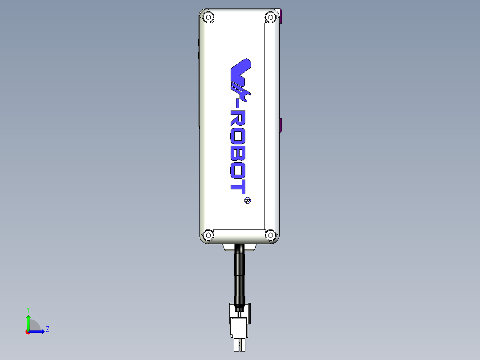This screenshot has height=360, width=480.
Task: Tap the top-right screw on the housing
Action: (270, 17)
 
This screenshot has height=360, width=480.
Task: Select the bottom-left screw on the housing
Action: (207, 235)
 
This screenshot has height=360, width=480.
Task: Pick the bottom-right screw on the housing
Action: (270, 235)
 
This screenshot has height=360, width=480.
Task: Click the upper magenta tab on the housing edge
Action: (281, 17)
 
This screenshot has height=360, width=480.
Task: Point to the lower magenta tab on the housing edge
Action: (281, 126)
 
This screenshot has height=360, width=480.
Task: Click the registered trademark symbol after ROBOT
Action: (248, 200)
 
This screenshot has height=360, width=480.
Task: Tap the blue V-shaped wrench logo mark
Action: (240, 74)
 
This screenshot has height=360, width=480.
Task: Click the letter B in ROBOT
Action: (238, 155)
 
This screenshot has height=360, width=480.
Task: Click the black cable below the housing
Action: (240, 272)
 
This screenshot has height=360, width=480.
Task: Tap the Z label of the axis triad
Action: (47, 329)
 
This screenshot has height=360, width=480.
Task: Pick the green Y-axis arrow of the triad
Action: (28, 320)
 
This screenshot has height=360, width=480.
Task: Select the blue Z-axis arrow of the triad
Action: (38, 331)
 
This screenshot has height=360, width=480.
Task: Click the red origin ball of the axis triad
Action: (28, 332)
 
